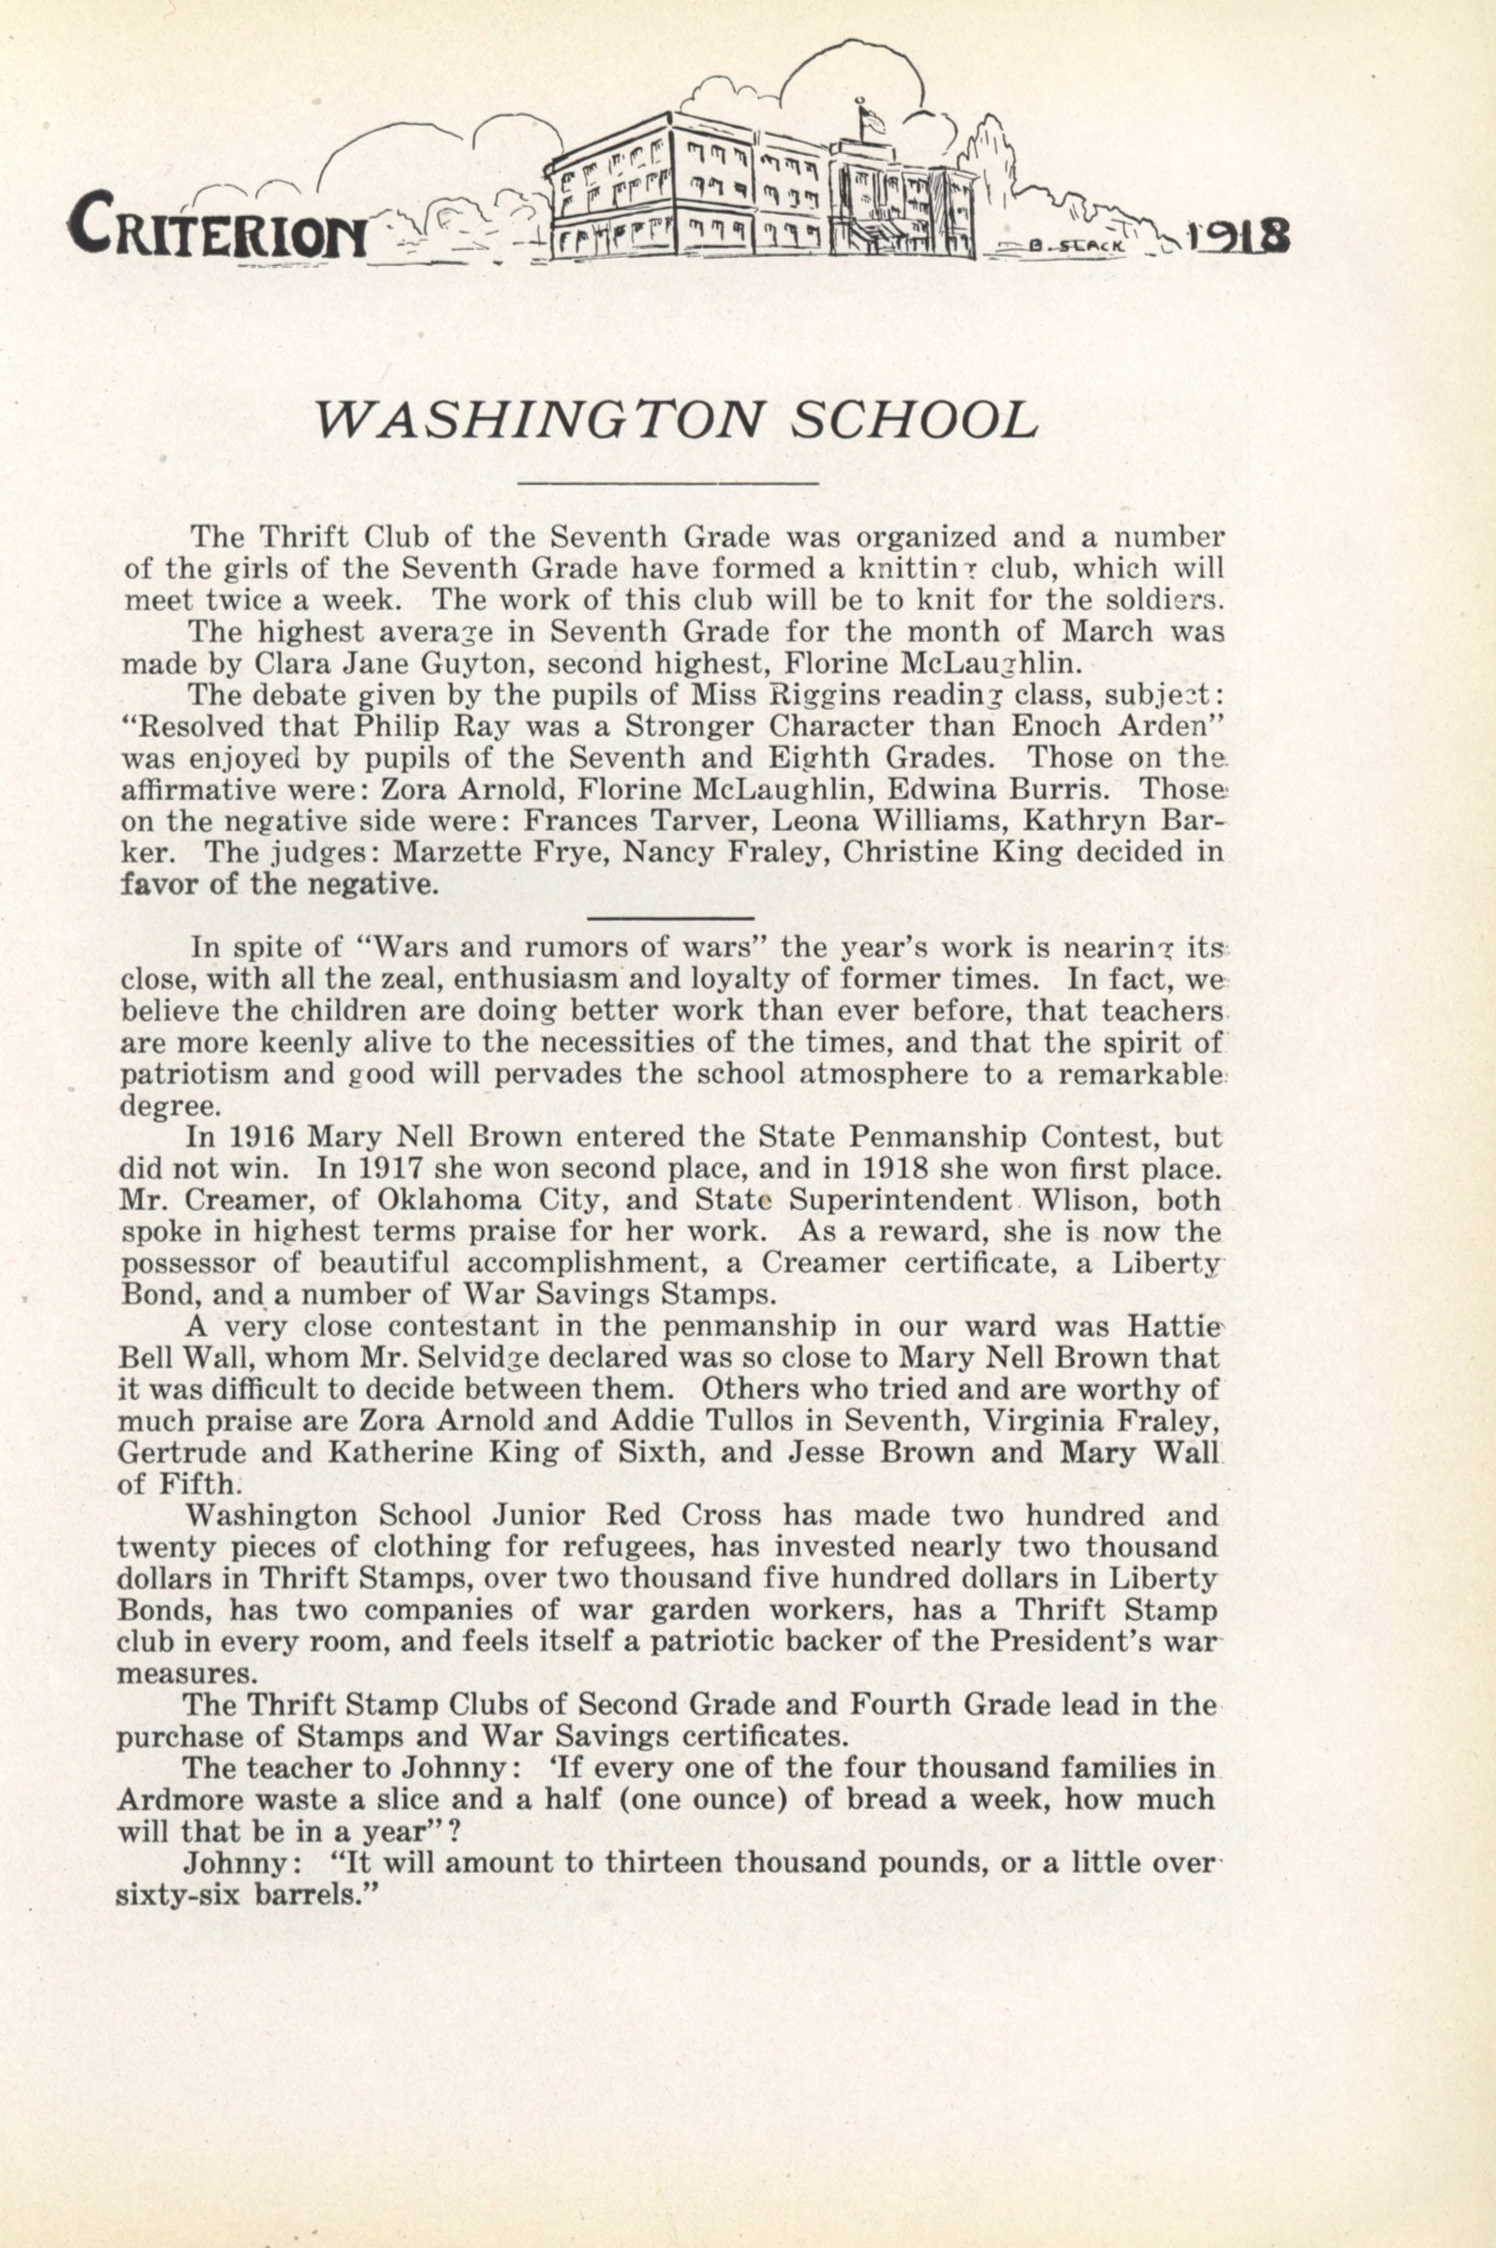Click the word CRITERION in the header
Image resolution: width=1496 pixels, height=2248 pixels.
[217, 226]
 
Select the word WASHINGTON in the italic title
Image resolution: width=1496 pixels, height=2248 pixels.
[540, 419]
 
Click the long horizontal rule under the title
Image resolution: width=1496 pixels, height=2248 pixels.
[667, 484]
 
